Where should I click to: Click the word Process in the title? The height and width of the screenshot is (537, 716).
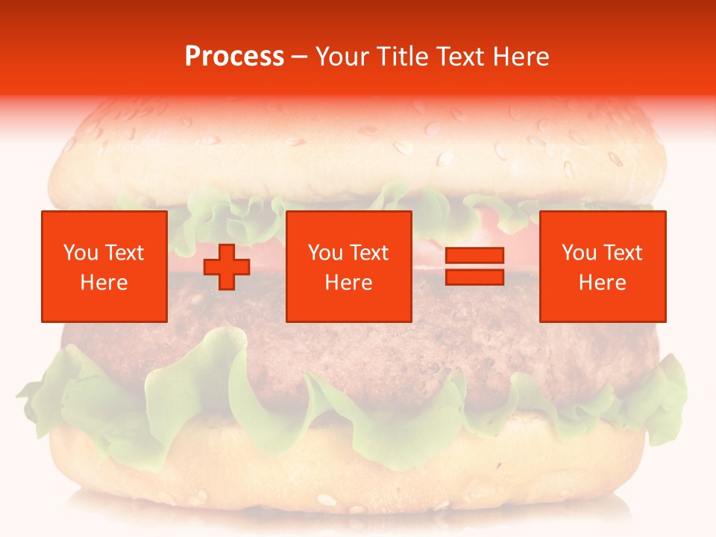click(x=234, y=57)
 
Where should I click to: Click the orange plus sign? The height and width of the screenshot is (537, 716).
click(x=227, y=267)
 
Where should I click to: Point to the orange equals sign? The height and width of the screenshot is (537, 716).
click(x=475, y=266)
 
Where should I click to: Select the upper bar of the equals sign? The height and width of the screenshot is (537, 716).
click(x=475, y=256)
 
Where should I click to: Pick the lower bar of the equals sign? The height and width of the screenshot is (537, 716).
click(x=475, y=277)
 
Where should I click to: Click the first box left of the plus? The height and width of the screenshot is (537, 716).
click(x=104, y=266)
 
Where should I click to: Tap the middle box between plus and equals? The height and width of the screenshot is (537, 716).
click(x=349, y=266)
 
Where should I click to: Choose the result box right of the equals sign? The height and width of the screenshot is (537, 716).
click(x=603, y=266)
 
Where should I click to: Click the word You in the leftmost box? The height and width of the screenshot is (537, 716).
click(x=81, y=253)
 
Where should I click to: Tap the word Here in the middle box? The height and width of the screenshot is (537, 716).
click(x=349, y=283)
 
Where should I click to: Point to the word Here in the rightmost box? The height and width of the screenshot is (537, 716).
click(x=603, y=283)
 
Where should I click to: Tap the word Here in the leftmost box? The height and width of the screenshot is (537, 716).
click(x=104, y=283)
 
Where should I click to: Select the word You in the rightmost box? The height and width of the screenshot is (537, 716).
click(x=579, y=253)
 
